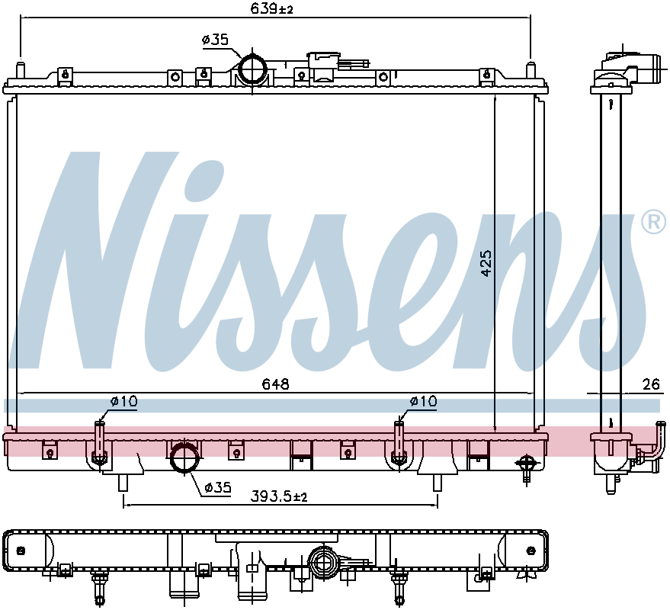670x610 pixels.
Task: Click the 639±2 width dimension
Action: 272,8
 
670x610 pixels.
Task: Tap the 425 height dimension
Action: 486,263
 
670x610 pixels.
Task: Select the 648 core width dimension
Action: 276,384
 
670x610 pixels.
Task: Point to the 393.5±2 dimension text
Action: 279,496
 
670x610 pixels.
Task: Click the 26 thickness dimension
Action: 651,384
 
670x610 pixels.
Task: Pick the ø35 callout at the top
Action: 216,40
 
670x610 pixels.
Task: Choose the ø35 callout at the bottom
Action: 217,487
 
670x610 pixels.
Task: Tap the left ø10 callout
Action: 124,401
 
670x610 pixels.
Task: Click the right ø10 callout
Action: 423,401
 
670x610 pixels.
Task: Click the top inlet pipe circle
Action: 252,69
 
